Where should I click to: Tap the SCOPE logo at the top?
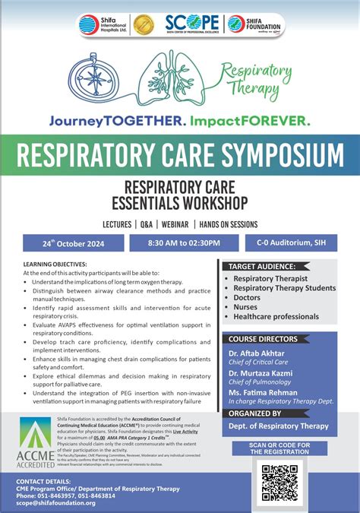[191, 24]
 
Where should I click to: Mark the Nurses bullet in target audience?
[249, 307]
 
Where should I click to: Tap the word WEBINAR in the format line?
[174, 224]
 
